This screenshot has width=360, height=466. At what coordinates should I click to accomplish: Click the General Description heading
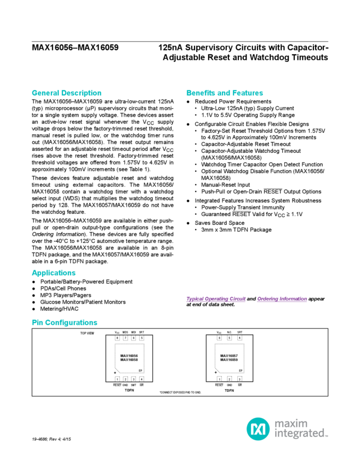(x=66, y=93)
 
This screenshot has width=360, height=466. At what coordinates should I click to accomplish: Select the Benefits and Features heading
(x=225, y=93)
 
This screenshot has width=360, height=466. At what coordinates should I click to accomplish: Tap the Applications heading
(x=54, y=273)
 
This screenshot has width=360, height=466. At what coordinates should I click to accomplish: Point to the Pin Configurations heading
(x=65, y=323)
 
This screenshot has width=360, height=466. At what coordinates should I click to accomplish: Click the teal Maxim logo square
(x=256, y=428)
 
